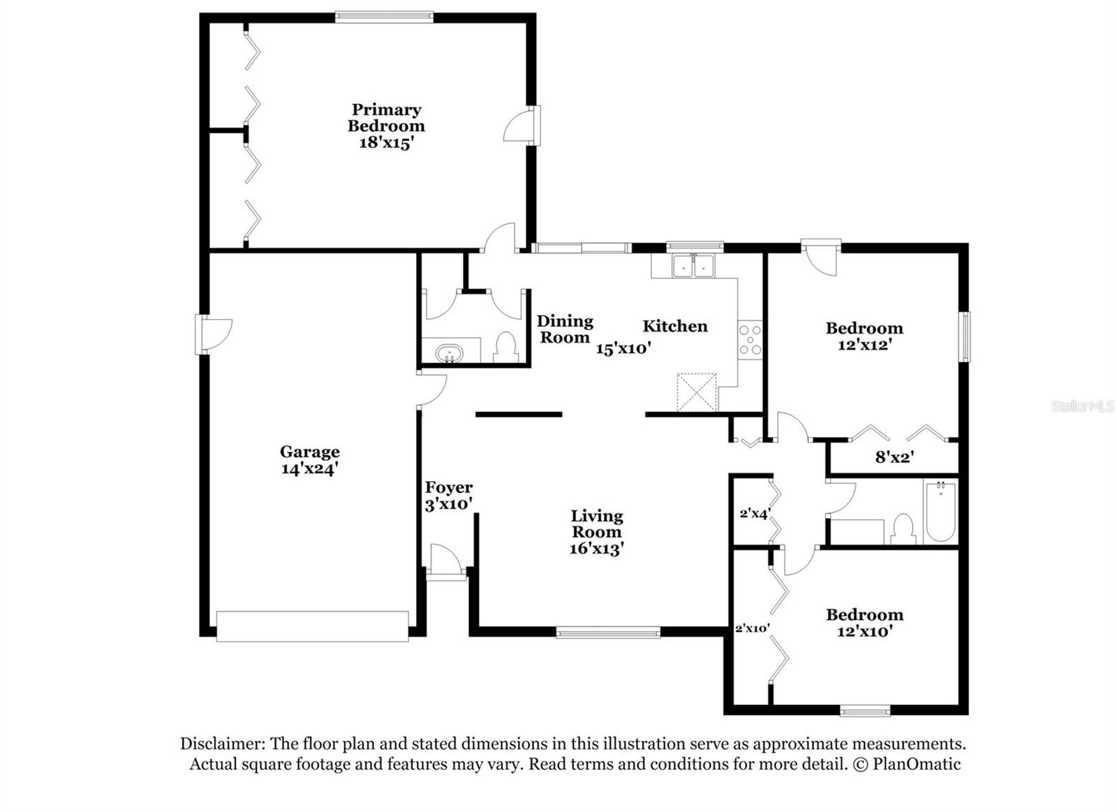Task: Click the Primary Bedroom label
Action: click(387, 118)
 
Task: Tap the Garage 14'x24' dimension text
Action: click(310, 469)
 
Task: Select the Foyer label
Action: click(449, 487)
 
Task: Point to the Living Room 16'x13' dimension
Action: click(597, 549)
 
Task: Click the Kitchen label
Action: click(674, 326)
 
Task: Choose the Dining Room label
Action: click(565, 329)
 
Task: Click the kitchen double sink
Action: click(693, 266)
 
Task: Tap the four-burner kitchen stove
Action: click(750, 339)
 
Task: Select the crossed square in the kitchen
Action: click(697, 392)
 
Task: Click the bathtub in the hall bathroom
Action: click(940, 512)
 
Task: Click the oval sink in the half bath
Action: click(450, 354)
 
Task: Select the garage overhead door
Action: click(313, 626)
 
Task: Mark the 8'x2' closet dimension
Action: click(894, 457)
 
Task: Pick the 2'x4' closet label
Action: click(755, 513)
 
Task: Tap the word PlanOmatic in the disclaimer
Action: click(917, 764)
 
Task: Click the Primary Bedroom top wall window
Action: click(384, 17)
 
